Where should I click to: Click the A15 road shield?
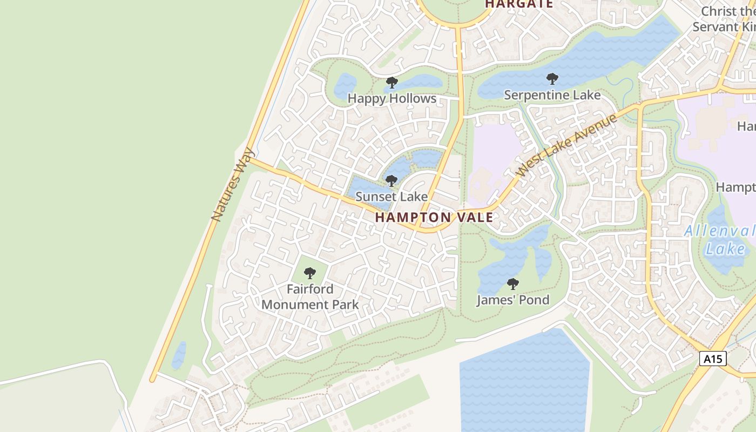(x=713, y=359)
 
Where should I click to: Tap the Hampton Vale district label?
(x=434, y=218)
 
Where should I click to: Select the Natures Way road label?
(x=233, y=184)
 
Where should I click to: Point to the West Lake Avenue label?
(x=566, y=146)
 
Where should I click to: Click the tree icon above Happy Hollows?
(x=391, y=83)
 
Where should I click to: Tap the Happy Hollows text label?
(x=391, y=98)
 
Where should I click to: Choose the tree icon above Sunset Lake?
(x=391, y=181)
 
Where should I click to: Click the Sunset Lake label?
(x=391, y=197)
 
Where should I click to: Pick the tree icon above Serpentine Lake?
(x=552, y=79)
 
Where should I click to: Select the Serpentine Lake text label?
(x=552, y=95)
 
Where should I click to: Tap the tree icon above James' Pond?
(x=512, y=284)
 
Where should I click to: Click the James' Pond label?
(x=512, y=300)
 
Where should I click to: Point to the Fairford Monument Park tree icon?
(x=309, y=273)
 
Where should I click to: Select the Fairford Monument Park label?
(x=310, y=296)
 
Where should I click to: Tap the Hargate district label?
(x=519, y=4)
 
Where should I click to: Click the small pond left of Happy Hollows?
(x=345, y=85)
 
